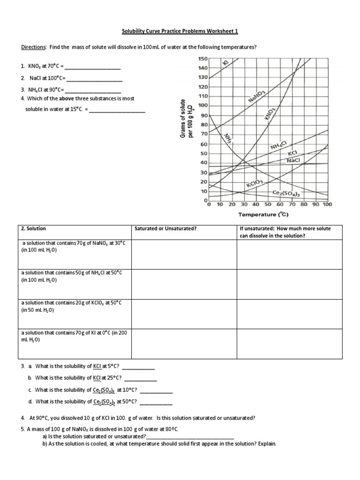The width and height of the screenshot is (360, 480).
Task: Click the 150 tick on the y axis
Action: tap(202, 59)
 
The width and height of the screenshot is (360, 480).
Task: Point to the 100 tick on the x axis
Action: tap(327, 204)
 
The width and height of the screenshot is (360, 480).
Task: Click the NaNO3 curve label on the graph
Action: tap(257, 98)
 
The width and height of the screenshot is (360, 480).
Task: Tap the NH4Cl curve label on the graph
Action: tap(281, 146)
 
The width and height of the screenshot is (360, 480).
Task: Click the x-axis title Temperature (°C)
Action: tap(263, 215)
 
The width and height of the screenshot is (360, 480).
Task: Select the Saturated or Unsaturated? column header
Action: tap(165, 229)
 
